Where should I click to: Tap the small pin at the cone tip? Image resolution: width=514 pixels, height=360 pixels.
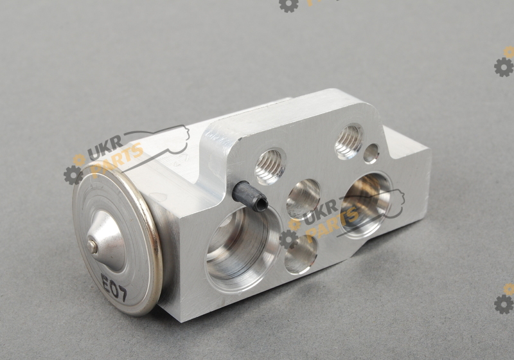click(x=93, y=246)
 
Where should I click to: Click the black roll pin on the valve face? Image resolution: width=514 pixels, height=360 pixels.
click(x=250, y=195)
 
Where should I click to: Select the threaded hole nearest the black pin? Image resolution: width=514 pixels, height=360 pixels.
click(x=270, y=166)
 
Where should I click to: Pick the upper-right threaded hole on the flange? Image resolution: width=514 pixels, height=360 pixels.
click(x=349, y=141)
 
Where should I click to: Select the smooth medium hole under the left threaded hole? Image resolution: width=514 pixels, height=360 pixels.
click(x=303, y=199)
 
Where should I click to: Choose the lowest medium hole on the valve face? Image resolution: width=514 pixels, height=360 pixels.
click(x=301, y=255)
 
